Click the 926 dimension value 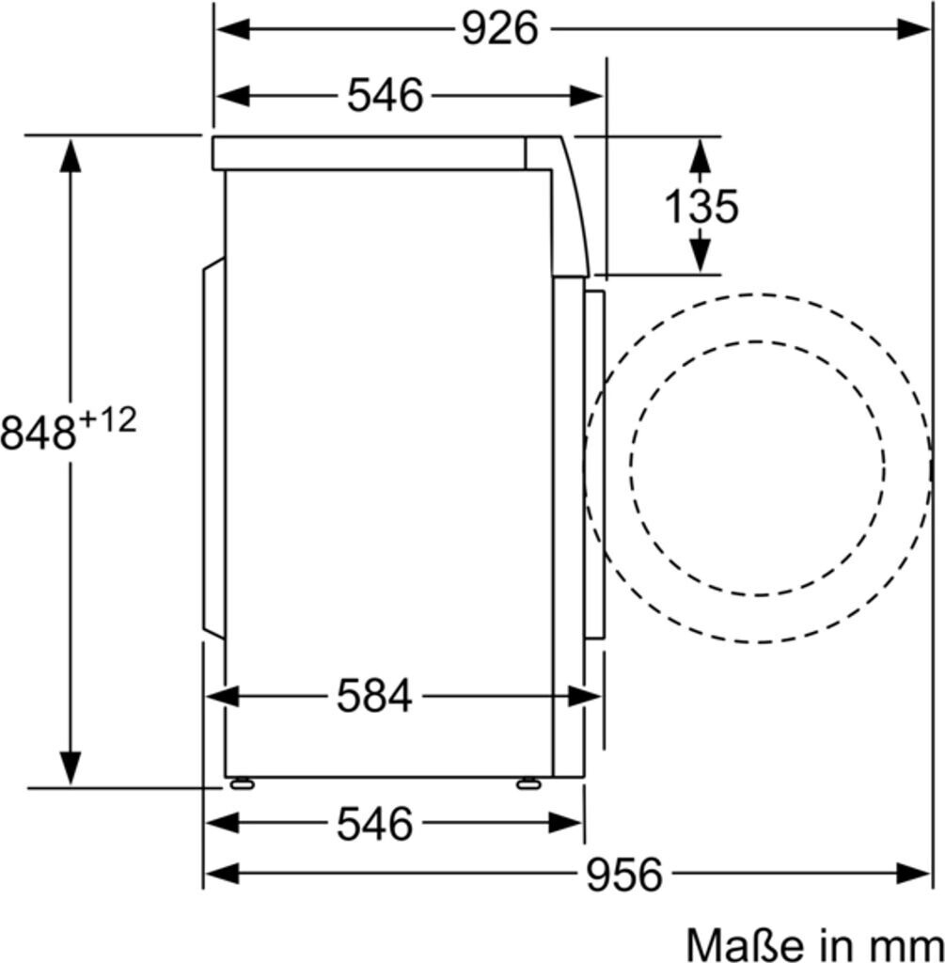coord(500,29)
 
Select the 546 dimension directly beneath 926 coord(386,96)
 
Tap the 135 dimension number coord(701,206)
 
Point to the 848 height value coord(38,433)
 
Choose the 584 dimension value coord(374,697)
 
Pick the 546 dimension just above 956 coord(374,823)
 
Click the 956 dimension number coord(624,874)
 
